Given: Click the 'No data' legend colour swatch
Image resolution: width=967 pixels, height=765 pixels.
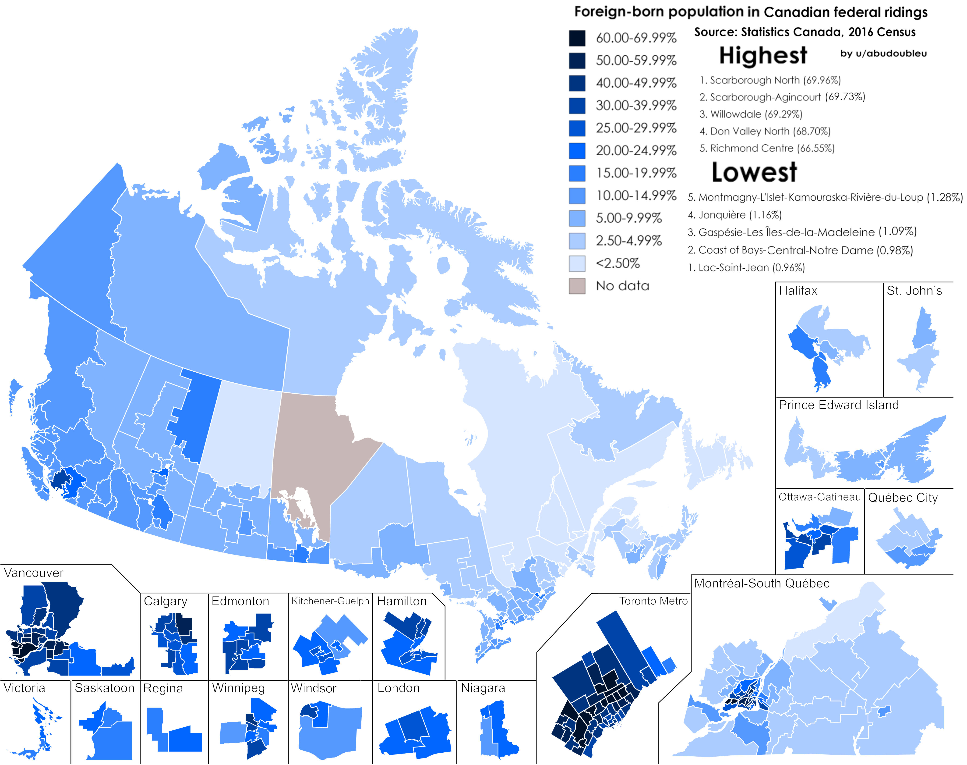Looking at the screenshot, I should point(577,286).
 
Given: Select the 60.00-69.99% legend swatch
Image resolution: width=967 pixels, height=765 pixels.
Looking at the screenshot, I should point(577,38).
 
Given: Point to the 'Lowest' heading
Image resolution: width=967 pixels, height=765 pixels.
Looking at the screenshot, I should point(754,172).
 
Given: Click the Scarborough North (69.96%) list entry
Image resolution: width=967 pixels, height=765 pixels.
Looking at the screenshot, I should point(770,80).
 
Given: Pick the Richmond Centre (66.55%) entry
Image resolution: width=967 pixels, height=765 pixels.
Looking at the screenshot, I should point(767,148).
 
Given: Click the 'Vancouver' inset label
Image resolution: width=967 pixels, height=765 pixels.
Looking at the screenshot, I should point(34,573).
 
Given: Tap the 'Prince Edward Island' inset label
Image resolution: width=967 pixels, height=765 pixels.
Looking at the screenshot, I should point(839,405).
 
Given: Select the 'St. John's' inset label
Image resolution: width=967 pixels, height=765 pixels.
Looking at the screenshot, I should point(914,291).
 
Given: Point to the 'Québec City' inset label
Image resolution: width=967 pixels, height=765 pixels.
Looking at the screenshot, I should point(903,498).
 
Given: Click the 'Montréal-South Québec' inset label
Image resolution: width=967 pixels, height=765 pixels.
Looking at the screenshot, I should point(762,583).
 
